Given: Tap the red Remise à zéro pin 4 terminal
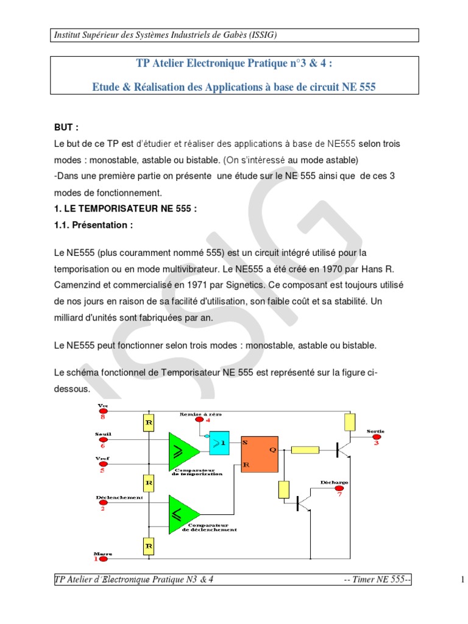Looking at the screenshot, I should coord(197,420).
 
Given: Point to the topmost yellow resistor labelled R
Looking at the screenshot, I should coord(147,422).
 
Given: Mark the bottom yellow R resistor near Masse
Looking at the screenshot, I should coord(147,545).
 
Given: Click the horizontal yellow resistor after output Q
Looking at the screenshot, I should coord(305,450).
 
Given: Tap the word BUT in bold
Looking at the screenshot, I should coord(66,127).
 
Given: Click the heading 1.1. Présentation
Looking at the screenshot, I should coord(93,225).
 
